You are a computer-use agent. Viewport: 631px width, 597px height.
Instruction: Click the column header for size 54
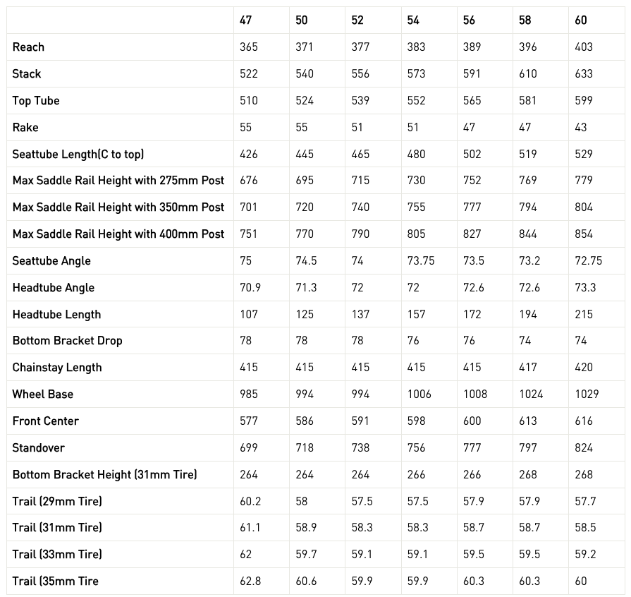pos(413,20)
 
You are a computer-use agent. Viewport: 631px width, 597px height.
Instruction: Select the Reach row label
pos(28,47)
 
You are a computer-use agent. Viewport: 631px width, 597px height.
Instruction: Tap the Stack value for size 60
pos(584,74)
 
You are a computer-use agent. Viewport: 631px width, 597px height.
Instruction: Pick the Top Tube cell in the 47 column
pos(248,101)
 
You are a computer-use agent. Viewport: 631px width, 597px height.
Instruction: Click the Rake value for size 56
pos(469,128)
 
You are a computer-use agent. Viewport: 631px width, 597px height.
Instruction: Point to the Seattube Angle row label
pos(51,261)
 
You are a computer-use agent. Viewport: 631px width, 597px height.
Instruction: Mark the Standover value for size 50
pos(305,448)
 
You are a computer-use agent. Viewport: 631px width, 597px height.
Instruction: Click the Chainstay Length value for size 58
pos(527,368)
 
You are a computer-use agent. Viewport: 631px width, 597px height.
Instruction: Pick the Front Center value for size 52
pos(360,421)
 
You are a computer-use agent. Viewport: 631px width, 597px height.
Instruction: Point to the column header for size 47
pos(245,20)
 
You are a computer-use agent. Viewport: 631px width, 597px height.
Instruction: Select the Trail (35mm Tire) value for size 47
pos(250,581)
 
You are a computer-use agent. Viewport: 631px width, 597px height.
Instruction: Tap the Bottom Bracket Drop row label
pos(67,341)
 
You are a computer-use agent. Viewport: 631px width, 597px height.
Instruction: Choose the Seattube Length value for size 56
pos(472,155)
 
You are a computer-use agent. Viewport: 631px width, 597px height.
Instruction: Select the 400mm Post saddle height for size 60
pos(584,234)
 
